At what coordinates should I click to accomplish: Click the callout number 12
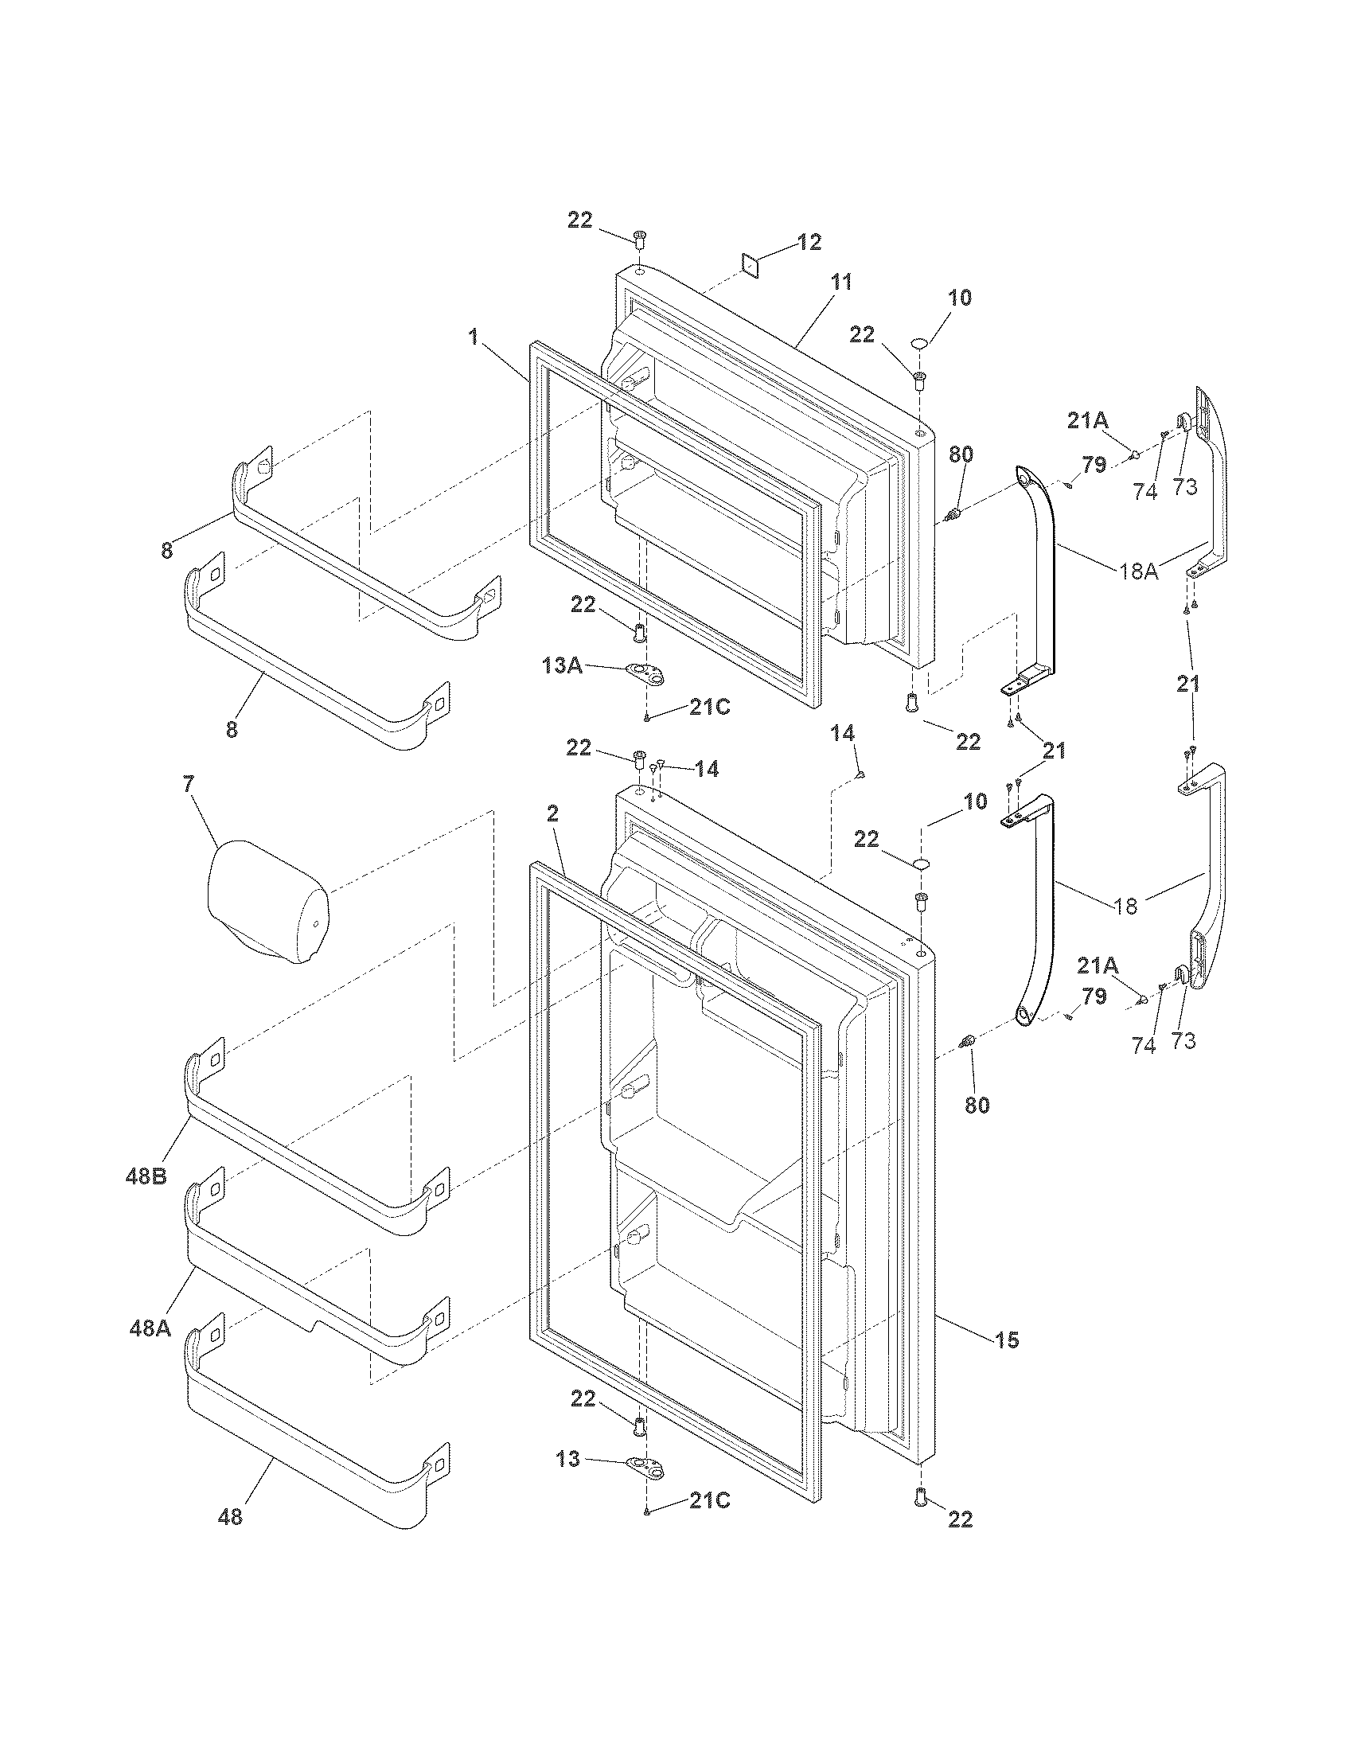[x=809, y=242]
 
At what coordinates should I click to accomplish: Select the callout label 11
[x=840, y=283]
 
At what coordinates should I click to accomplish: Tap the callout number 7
[x=188, y=783]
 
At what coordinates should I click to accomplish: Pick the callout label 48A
[x=150, y=1328]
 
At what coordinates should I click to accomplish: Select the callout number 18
[x=1126, y=906]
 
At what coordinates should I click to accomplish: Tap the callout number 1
[x=474, y=337]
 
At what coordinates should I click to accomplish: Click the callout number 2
[x=552, y=814]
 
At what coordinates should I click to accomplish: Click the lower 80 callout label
[x=977, y=1105]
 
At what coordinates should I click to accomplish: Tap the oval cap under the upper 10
[x=920, y=343]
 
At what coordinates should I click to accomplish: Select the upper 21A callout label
[x=1088, y=419]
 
